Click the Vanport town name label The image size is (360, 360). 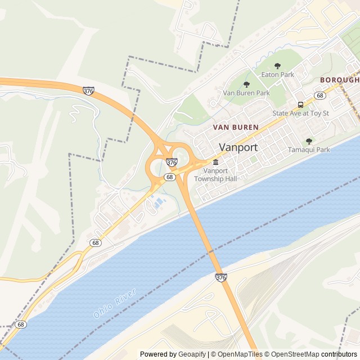pos(238,147)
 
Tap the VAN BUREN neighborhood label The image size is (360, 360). pos(236,128)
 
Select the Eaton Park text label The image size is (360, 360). pos(277,74)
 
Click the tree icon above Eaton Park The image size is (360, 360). pos(277,66)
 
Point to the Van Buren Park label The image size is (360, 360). pos(246,93)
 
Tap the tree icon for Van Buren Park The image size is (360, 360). pos(246,84)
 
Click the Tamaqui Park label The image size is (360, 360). pos(309,150)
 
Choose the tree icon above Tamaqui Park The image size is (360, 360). pos(309,141)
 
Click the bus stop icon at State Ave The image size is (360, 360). pos(300,105)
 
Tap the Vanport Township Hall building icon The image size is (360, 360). pos(215,163)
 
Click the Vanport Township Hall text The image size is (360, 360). pos(215,174)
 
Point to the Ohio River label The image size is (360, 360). pos(115,304)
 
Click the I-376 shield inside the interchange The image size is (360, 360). pos(172,162)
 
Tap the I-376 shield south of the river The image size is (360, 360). pos(221,277)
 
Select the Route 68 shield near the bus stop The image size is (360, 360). pos(320,96)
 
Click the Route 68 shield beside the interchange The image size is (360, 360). pos(169,177)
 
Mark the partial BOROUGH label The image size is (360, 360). pos(339,80)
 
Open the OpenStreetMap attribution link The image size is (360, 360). pos(292,354)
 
